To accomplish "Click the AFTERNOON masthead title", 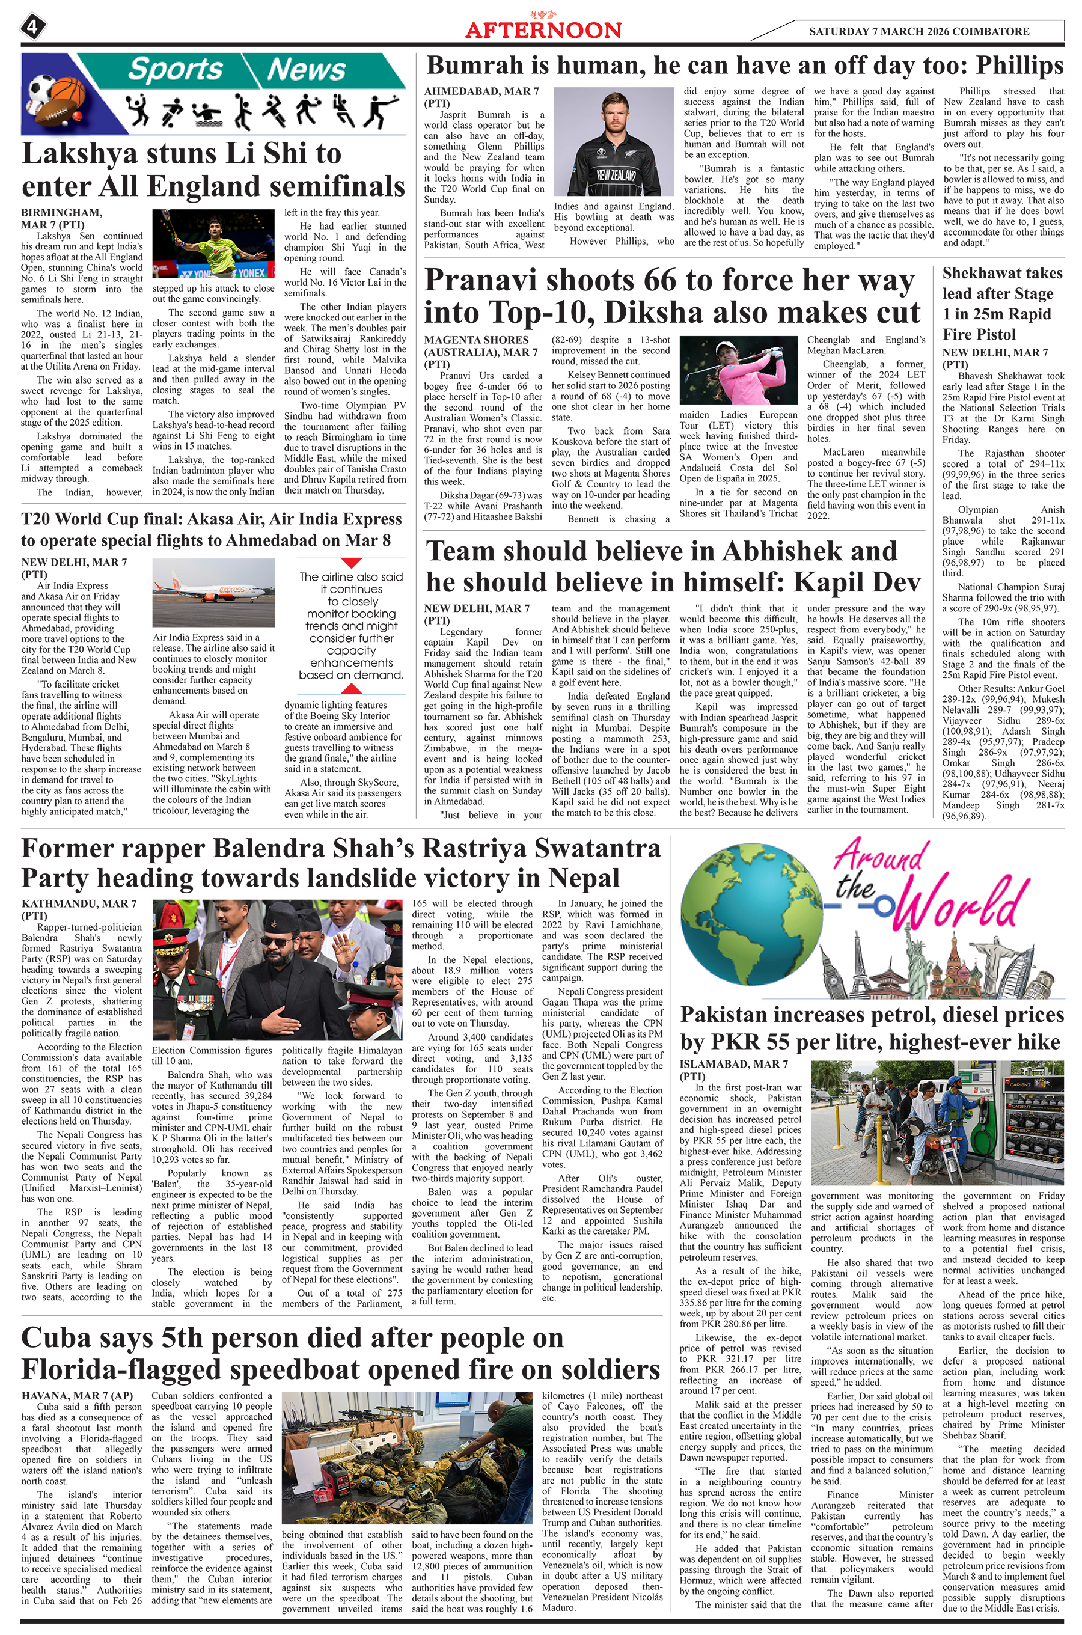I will pyautogui.click(x=543, y=29).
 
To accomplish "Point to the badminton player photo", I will pyautogui.click(x=213, y=243).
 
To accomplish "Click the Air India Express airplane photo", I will pyautogui.click(x=213, y=592).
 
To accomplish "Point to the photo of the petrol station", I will pyautogui.click(x=937, y=1123).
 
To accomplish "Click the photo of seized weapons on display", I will pyautogui.click(x=407, y=1457).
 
